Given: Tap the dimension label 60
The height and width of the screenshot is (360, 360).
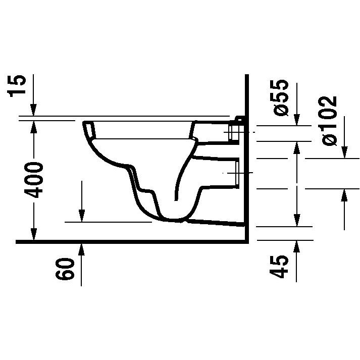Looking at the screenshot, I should [65, 271].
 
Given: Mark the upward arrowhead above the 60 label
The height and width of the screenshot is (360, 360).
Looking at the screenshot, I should [81, 248].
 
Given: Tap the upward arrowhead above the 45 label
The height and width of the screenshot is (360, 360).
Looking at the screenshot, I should [296, 246].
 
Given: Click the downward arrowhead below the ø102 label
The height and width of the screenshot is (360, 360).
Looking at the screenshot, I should [345, 152].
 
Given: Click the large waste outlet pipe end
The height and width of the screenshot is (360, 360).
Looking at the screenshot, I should [233, 173].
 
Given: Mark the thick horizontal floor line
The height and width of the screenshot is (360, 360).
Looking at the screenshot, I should [126, 242].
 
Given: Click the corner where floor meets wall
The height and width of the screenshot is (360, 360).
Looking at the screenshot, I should [246, 242].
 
